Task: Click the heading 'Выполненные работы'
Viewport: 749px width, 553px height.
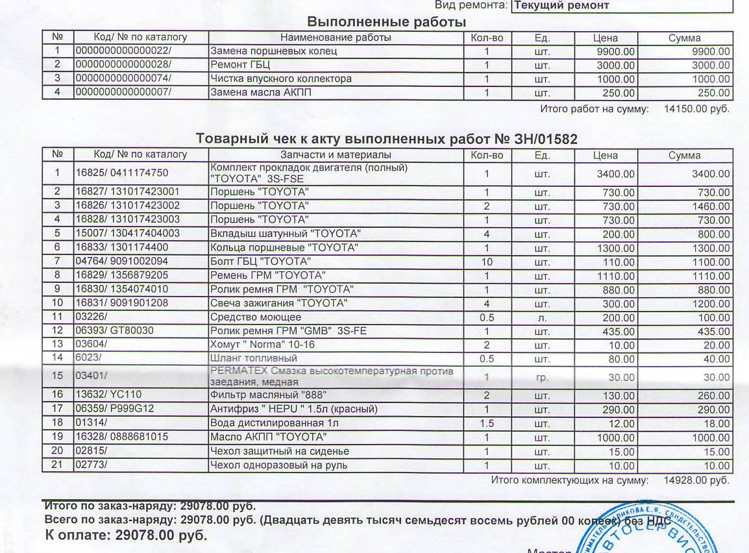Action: click(387, 21)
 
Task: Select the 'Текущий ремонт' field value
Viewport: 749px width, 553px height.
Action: click(561, 5)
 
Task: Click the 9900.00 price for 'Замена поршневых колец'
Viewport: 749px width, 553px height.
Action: click(616, 51)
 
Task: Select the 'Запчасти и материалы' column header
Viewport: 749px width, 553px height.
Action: click(336, 155)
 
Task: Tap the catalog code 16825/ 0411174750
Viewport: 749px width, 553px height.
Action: click(122, 173)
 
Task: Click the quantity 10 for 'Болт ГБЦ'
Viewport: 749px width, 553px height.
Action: click(486, 262)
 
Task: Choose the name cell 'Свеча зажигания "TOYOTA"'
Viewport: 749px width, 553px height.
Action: click(278, 303)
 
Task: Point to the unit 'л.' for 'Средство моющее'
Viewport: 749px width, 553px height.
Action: click(542, 317)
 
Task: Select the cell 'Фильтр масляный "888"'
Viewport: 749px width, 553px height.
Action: click(267, 395)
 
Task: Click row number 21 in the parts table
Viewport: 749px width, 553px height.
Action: click(57, 465)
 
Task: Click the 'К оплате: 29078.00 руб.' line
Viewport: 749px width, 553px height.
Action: click(127, 535)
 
